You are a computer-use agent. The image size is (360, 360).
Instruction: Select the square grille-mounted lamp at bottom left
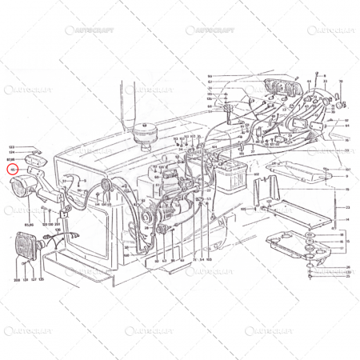click(27, 246)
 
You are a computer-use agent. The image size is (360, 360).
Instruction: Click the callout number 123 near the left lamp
click(12, 148)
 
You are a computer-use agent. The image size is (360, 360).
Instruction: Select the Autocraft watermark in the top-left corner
click(88, 30)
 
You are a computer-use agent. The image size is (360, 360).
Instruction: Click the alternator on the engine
click(152, 216)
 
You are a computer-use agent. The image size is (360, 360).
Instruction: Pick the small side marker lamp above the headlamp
click(36, 164)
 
